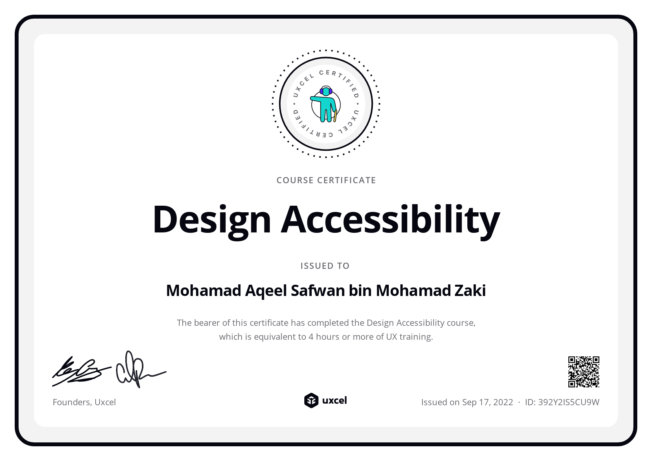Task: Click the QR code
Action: click(583, 372)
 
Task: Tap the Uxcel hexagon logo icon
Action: click(311, 401)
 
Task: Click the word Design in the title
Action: click(212, 220)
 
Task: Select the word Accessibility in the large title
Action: click(390, 220)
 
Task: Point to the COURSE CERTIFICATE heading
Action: click(326, 180)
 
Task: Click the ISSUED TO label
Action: click(325, 266)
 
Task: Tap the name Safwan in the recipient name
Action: click(318, 291)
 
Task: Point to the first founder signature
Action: click(81, 372)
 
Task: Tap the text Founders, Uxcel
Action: click(84, 402)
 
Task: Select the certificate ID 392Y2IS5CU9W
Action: click(568, 402)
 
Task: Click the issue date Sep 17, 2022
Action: click(487, 402)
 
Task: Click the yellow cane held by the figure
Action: click(335, 116)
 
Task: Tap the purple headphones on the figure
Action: click(326, 90)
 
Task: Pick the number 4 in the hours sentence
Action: click(311, 337)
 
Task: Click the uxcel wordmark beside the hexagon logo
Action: click(335, 401)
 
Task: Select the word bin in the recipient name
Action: click(360, 291)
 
